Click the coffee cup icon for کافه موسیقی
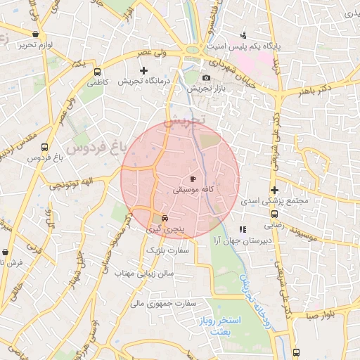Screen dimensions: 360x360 pyautogui.click(x=193, y=180)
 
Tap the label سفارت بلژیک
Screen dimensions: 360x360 pyautogui.click(x=168, y=250)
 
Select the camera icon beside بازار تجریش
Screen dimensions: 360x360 pyautogui.click(x=205, y=77)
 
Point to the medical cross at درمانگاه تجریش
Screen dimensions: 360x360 pyautogui.click(x=144, y=70)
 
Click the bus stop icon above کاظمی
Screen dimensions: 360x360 pyautogui.click(x=97, y=71)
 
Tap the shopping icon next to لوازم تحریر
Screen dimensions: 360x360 pyautogui.click(x=36, y=34)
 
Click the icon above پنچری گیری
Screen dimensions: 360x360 pyautogui.click(x=165, y=218)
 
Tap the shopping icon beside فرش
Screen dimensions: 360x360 pyautogui.click(x=6, y=252)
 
